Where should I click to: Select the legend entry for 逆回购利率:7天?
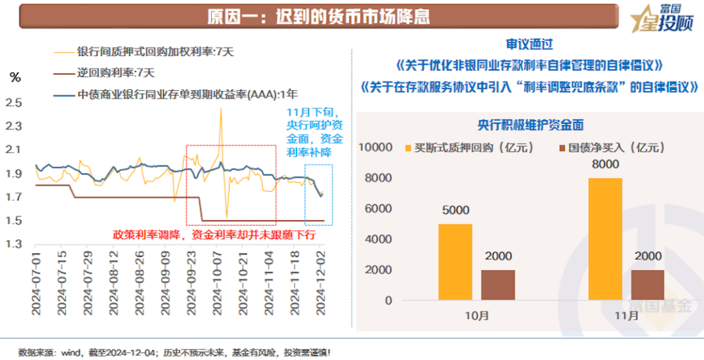coord(115,72)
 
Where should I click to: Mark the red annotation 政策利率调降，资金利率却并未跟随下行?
coord(216,235)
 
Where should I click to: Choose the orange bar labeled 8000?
coord(605,239)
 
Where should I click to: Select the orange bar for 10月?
coord(455,262)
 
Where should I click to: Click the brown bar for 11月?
coord(647,285)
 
